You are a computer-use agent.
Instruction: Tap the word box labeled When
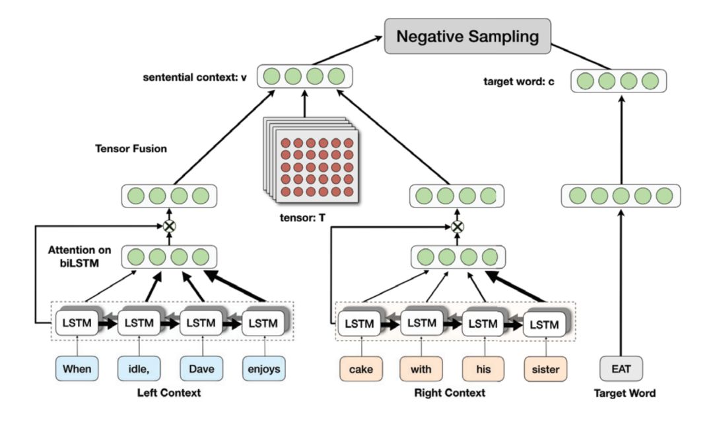pos(77,369)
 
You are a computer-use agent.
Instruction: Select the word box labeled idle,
pos(139,369)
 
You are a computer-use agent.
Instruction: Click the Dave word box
pos(201,369)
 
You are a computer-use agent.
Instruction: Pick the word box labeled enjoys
pos(264,369)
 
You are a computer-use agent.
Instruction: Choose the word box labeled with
pos(421,369)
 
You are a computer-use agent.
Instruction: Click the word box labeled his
pos(483,369)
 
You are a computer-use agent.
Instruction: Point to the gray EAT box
pos(621,369)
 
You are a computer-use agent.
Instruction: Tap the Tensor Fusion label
pos(131,149)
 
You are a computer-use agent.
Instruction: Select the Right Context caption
pos(449,394)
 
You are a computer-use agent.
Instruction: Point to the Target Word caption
pos(625,394)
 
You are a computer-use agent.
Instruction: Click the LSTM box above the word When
pos(77,324)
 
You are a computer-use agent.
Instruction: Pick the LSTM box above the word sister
pos(545,325)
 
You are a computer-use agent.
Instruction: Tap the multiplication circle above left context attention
pos(170,226)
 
